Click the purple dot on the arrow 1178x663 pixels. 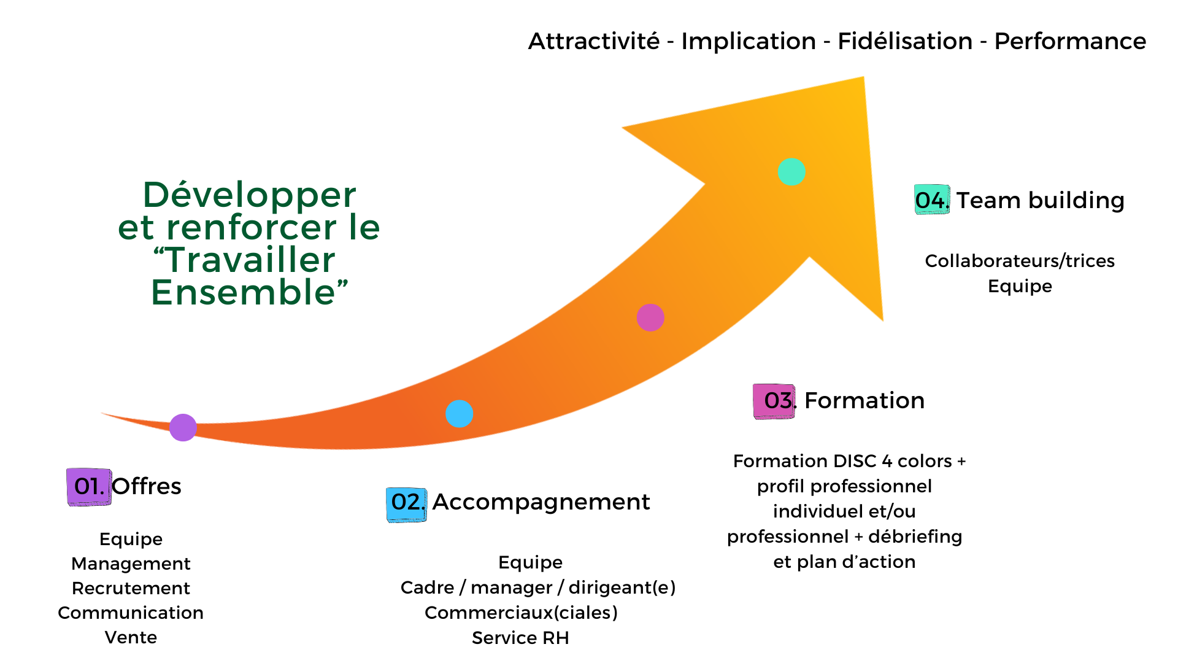point(183,427)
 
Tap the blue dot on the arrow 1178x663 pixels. point(459,414)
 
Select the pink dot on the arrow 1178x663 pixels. point(650,317)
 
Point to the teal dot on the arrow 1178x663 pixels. point(791,172)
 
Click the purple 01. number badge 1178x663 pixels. point(89,487)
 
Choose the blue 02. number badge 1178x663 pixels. point(406,504)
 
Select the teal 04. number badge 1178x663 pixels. point(932,200)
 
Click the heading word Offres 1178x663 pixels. point(147,487)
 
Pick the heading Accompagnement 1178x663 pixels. point(541,502)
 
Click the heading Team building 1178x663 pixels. point(1041,201)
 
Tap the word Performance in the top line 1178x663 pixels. point(1070,42)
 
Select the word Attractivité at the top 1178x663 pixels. point(594,42)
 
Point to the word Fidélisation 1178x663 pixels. point(905,42)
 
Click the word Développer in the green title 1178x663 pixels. point(249,195)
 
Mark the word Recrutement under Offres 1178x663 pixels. point(131,588)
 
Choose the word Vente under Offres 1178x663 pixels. point(131,637)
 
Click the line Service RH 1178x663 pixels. point(520,638)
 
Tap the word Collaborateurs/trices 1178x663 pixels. point(1020,261)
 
